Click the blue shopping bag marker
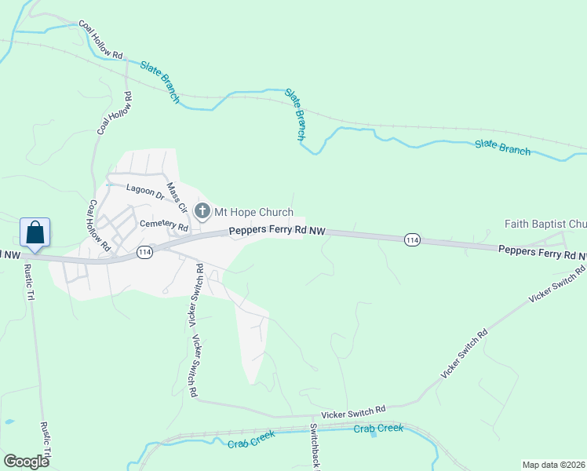pos(35,233)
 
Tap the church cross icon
pos(202,210)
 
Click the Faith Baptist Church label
pos(545,224)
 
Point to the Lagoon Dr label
pos(145,191)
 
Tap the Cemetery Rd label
pos(164,225)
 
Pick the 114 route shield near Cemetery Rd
pos(144,252)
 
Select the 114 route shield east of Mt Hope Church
pos(410,239)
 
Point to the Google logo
pos(26,461)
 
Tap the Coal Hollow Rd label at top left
pos(101,38)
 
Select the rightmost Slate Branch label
pos(502,147)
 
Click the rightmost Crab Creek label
pos(378,429)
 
